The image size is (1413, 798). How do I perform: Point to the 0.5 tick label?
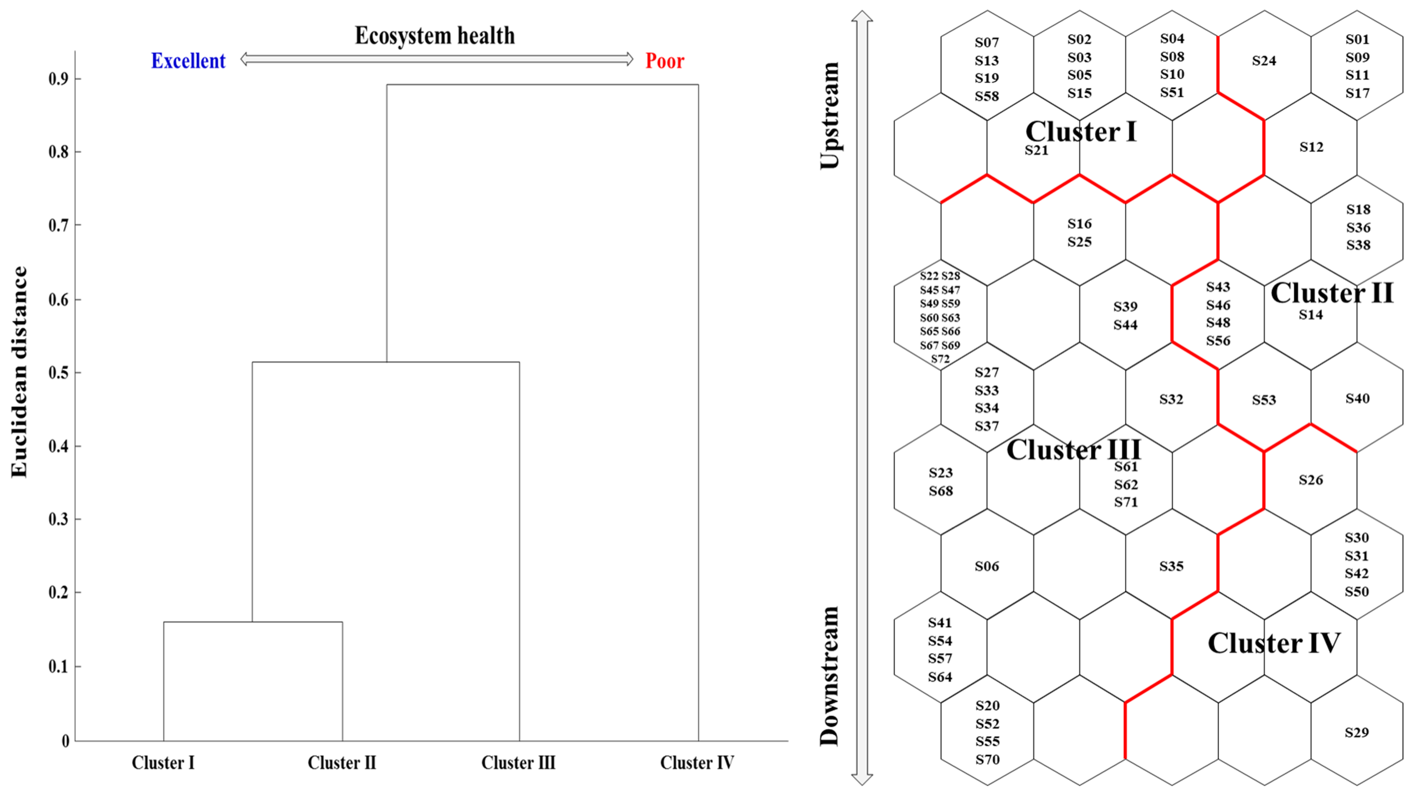pos(59,373)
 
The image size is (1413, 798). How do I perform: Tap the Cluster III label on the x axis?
pos(518,762)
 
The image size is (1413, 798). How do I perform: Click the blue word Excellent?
pos(188,61)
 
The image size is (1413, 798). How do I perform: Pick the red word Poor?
pos(664,61)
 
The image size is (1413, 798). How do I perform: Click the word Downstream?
pos(829,676)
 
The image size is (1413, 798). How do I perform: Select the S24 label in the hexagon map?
pos(1264,61)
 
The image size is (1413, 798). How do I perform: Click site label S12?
pos(1311,147)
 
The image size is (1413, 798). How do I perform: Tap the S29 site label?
pos(1356,732)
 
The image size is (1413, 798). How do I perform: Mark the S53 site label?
pos(1264,400)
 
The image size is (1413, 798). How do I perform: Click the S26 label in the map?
pos(1311,480)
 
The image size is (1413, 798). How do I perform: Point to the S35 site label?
pos(1171,566)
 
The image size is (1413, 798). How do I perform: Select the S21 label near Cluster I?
pos(1036,150)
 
